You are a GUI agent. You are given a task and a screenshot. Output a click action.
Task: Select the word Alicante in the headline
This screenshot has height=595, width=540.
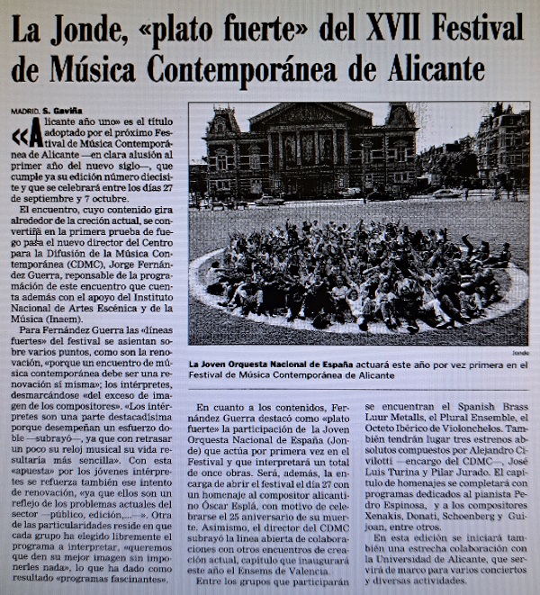coord(423,68)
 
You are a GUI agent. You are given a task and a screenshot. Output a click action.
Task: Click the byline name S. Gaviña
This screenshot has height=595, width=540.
coord(62,111)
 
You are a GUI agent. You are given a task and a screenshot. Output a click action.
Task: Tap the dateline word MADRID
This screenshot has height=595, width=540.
coord(24,111)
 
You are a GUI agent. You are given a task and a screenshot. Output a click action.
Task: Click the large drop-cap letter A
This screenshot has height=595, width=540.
coord(33,136)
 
